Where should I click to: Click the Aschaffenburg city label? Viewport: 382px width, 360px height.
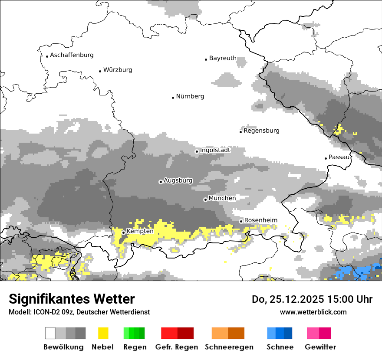click(x=72, y=55)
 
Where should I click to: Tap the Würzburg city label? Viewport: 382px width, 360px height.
click(x=118, y=70)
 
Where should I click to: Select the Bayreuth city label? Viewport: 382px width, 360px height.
click(x=223, y=58)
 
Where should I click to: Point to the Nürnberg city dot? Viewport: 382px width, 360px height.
click(x=173, y=98)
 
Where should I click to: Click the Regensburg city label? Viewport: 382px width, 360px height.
click(x=261, y=131)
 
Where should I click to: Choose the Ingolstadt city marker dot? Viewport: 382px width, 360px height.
click(x=197, y=151)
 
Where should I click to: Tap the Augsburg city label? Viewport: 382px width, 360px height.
click(x=178, y=180)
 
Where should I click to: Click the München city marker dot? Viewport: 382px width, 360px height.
click(x=205, y=200)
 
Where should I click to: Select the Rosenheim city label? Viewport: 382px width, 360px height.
click(x=260, y=220)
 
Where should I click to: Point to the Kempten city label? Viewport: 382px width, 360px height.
click(x=140, y=231)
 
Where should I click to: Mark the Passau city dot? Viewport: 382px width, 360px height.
click(x=326, y=158)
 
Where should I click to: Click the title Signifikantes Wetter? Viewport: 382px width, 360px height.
click(x=72, y=299)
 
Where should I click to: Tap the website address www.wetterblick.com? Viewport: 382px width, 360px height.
click(x=313, y=312)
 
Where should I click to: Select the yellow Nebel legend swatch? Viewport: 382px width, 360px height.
click(x=103, y=333)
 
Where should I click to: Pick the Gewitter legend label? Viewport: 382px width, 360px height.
click(x=320, y=347)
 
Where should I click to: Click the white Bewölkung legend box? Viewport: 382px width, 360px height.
click(x=50, y=333)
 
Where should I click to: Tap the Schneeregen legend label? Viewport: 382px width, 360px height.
click(x=229, y=347)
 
